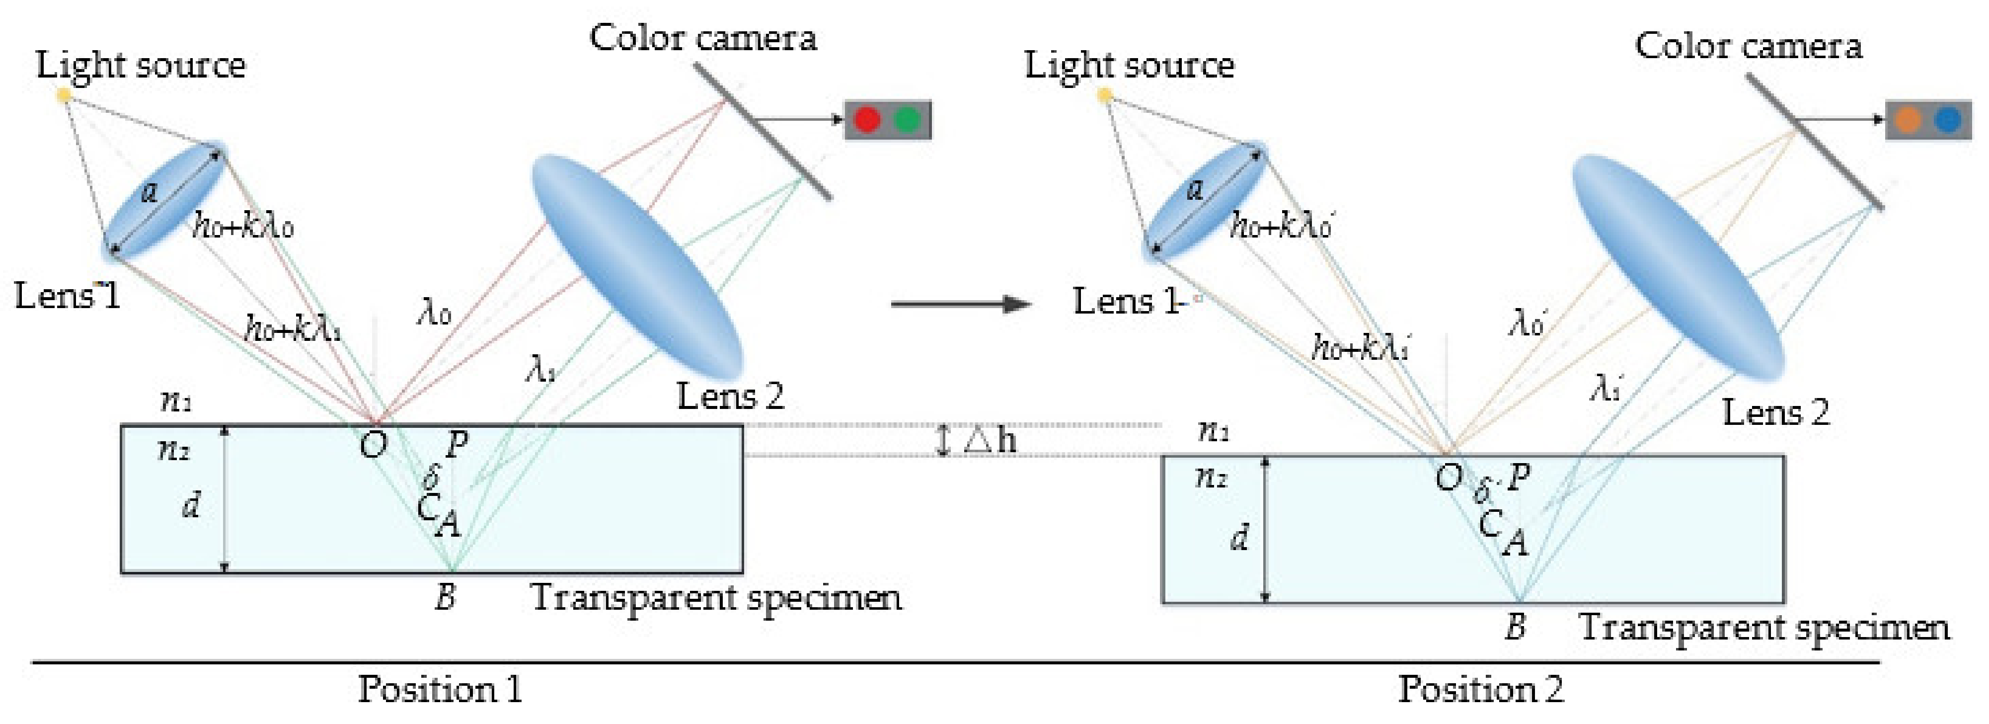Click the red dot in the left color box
coord(867,120)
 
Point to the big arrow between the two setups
coord(961,304)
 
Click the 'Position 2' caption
coord(1480,688)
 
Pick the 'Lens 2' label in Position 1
coord(730,397)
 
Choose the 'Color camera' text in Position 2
coord(1748,46)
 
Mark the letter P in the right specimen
coord(1518,478)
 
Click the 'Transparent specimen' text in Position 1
coord(716,597)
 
